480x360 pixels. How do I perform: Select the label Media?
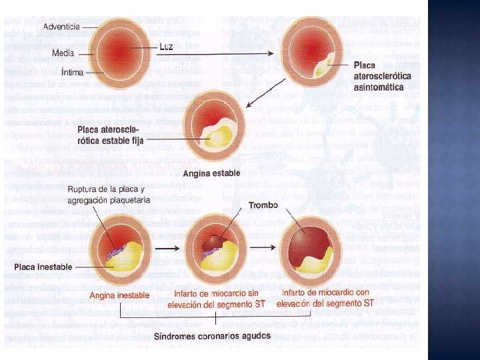click(x=64, y=51)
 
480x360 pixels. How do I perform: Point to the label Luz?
click(x=167, y=47)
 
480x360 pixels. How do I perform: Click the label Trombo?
click(x=263, y=205)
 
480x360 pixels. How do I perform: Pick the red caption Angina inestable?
click(x=120, y=295)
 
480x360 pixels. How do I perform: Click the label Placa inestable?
click(x=43, y=267)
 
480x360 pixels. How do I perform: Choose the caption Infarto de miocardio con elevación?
click(x=325, y=298)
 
